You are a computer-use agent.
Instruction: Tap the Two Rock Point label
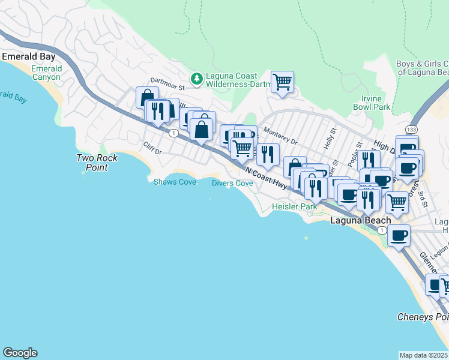coord(97,163)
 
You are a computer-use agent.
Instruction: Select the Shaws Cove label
coord(175,182)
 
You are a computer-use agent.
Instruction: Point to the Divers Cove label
coord(232,183)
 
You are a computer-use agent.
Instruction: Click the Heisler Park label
coord(294,206)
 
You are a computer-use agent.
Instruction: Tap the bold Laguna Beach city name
coord(361,221)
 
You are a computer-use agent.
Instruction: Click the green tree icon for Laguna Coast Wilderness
coord(196,79)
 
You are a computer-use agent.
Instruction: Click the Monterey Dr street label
coord(281,139)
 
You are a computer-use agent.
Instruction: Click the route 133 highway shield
coord(411,130)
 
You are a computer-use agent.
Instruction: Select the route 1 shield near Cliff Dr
coord(172,133)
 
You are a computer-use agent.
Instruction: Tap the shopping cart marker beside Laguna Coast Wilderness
coord(282,82)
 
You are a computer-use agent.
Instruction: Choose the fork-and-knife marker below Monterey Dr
coord(268,154)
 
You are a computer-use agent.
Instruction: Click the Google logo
coord(20,353)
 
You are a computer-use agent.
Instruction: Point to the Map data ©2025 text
coord(424,355)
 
